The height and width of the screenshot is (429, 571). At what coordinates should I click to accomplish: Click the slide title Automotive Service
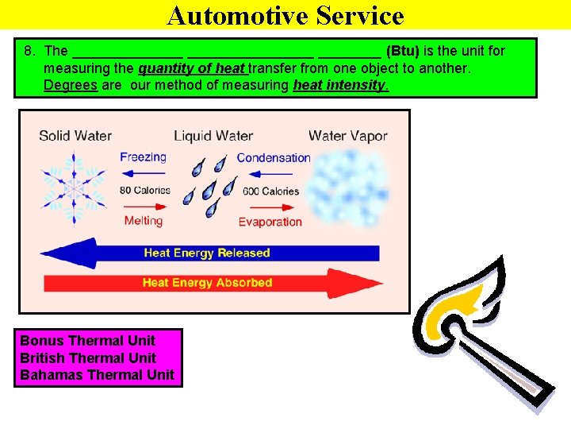[285, 15]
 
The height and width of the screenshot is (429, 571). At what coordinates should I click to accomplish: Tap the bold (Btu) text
[402, 51]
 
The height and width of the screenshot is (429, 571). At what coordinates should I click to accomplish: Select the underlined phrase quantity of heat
[190, 68]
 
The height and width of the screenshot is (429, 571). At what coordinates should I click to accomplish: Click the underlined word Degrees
[71, 85]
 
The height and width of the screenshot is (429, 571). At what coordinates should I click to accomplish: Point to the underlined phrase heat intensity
[340, 85]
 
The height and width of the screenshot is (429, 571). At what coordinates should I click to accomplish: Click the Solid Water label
[75, 136]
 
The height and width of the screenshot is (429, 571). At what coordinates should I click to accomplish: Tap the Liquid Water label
[213, 136]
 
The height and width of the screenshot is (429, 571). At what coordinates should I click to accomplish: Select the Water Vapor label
[347, 136]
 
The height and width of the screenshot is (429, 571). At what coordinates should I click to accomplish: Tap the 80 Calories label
[145, 190]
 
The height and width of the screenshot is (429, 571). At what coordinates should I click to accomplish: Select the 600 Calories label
[270, 191]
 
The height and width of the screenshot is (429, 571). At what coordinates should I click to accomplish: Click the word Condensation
[274, 157]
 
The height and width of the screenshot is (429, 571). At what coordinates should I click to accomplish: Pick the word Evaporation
[270, 222]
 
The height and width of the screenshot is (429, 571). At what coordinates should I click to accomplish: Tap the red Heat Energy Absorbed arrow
[208, 283]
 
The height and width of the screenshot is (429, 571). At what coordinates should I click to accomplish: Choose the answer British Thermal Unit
[88, 357]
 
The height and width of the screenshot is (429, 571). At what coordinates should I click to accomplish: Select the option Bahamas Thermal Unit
[97, 374]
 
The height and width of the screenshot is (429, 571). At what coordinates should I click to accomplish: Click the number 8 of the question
[29, 51]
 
